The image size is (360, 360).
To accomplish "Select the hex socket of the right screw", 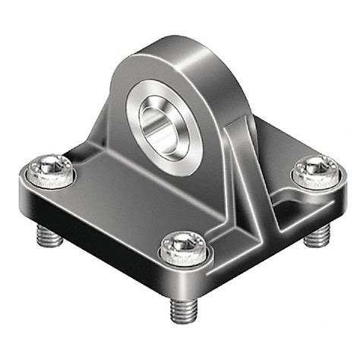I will [x=314, y=167].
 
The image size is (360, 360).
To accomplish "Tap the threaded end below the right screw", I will [x=314, y=238].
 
